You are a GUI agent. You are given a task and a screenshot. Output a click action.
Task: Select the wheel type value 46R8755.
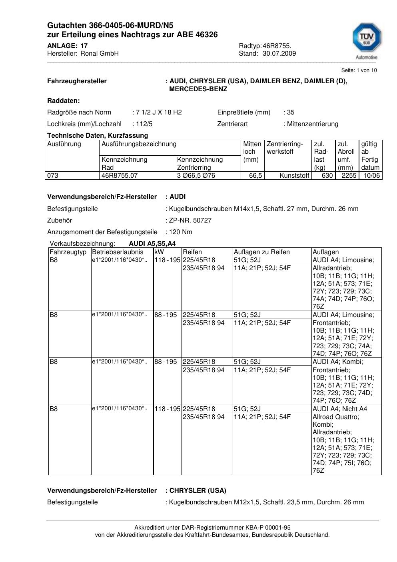[277, 46]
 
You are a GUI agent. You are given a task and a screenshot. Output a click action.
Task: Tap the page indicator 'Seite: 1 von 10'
[359, 70]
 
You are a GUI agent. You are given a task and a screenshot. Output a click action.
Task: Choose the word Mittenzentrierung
[312, 124]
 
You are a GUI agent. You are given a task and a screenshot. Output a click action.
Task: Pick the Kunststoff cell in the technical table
[295, 176]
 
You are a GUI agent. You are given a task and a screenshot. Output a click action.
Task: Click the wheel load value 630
[327, 176]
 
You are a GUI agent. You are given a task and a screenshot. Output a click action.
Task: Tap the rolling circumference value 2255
[349, 176]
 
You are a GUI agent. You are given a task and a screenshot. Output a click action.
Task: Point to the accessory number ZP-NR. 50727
[190, 221]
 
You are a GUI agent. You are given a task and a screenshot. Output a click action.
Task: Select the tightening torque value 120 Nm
[181, 232]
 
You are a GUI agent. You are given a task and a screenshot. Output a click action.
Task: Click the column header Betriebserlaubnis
[118, 252]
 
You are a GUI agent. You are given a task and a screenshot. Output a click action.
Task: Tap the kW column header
[159, 252]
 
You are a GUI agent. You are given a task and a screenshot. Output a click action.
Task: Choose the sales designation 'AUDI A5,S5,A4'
[152, 244]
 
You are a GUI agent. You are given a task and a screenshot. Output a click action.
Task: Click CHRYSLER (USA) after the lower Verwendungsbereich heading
[198, 491]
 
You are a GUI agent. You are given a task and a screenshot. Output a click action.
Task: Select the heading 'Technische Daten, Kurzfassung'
[98, 136]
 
